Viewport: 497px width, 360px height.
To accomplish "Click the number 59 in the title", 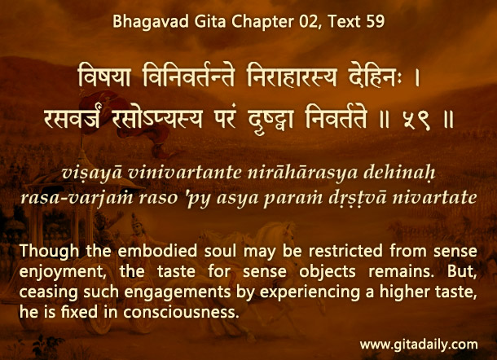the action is click(376, 22).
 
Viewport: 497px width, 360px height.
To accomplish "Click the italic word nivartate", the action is click(434, 198).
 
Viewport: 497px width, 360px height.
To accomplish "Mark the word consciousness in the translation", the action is click(181, 312).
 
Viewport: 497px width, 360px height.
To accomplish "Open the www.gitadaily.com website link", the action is click(419, 345).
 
